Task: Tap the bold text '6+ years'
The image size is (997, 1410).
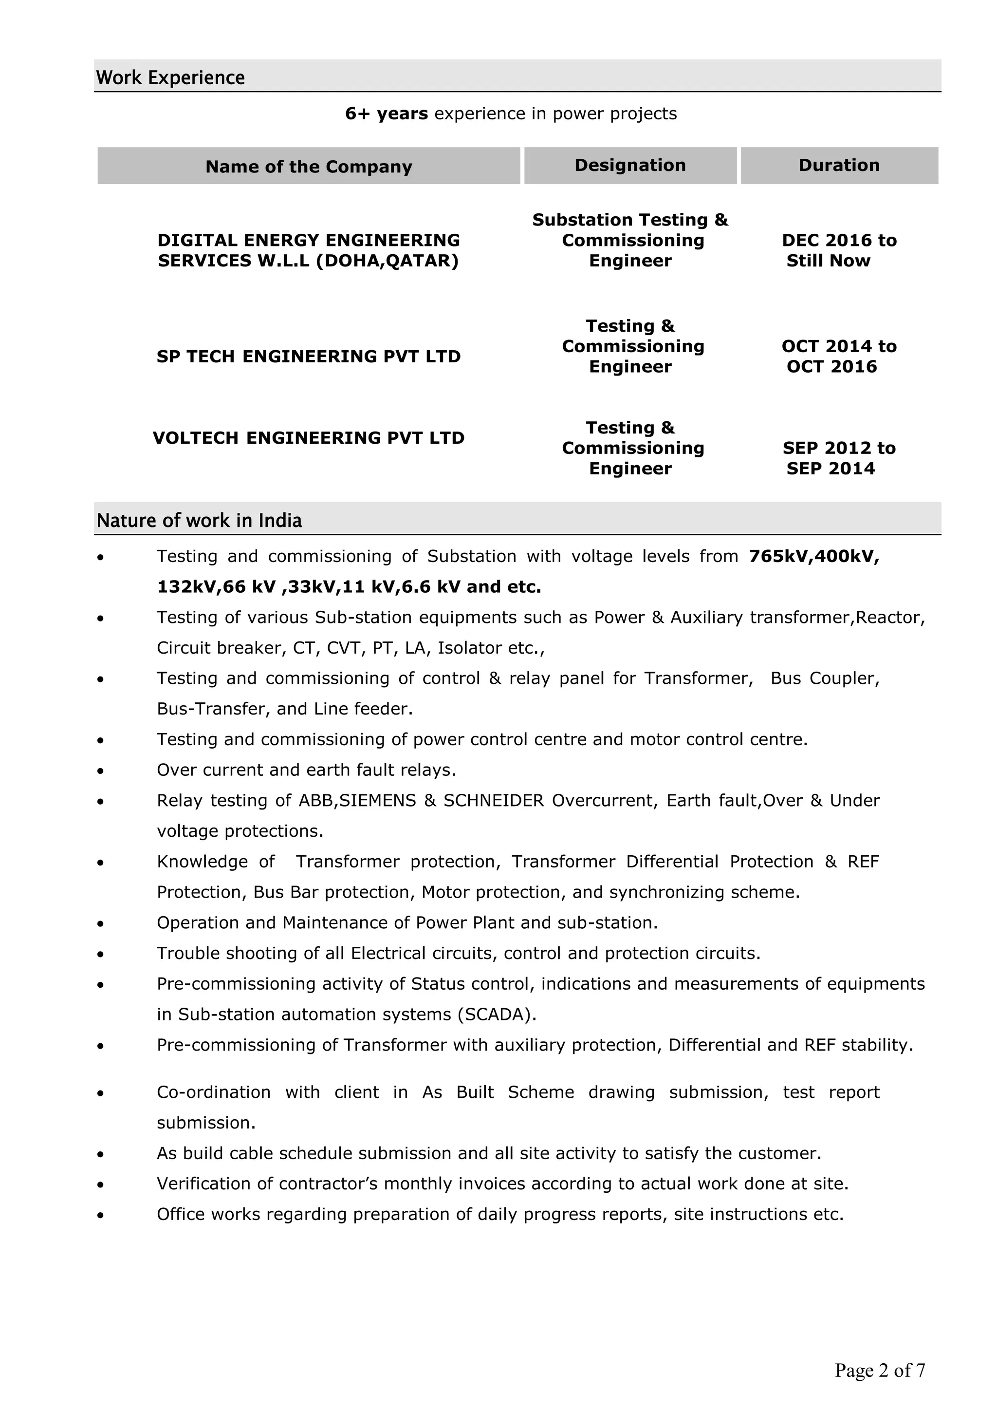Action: tap(386, 113)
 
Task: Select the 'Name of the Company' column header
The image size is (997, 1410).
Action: tap(308, 167)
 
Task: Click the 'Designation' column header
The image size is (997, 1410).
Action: tap(630, 165)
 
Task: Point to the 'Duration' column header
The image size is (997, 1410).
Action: tap(839, 165)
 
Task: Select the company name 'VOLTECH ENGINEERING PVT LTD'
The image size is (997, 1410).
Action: tap(308, 438)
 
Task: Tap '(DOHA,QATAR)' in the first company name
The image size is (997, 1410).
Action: tap(388, 261)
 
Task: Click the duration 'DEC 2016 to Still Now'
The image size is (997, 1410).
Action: tap(839, 250)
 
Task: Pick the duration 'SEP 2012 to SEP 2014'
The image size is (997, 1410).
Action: tap(839, 458)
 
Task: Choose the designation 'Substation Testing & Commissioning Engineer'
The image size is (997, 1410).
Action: tap(630, 240)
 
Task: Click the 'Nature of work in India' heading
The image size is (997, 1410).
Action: tap(199, 521)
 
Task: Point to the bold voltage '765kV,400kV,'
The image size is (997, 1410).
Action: tap(814, 556)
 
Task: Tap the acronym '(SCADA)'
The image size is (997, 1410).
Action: tap(497, 1015)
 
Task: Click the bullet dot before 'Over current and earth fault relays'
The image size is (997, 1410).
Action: tap(101, 771)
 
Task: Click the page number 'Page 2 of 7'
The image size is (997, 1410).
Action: tap(879, 1370)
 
